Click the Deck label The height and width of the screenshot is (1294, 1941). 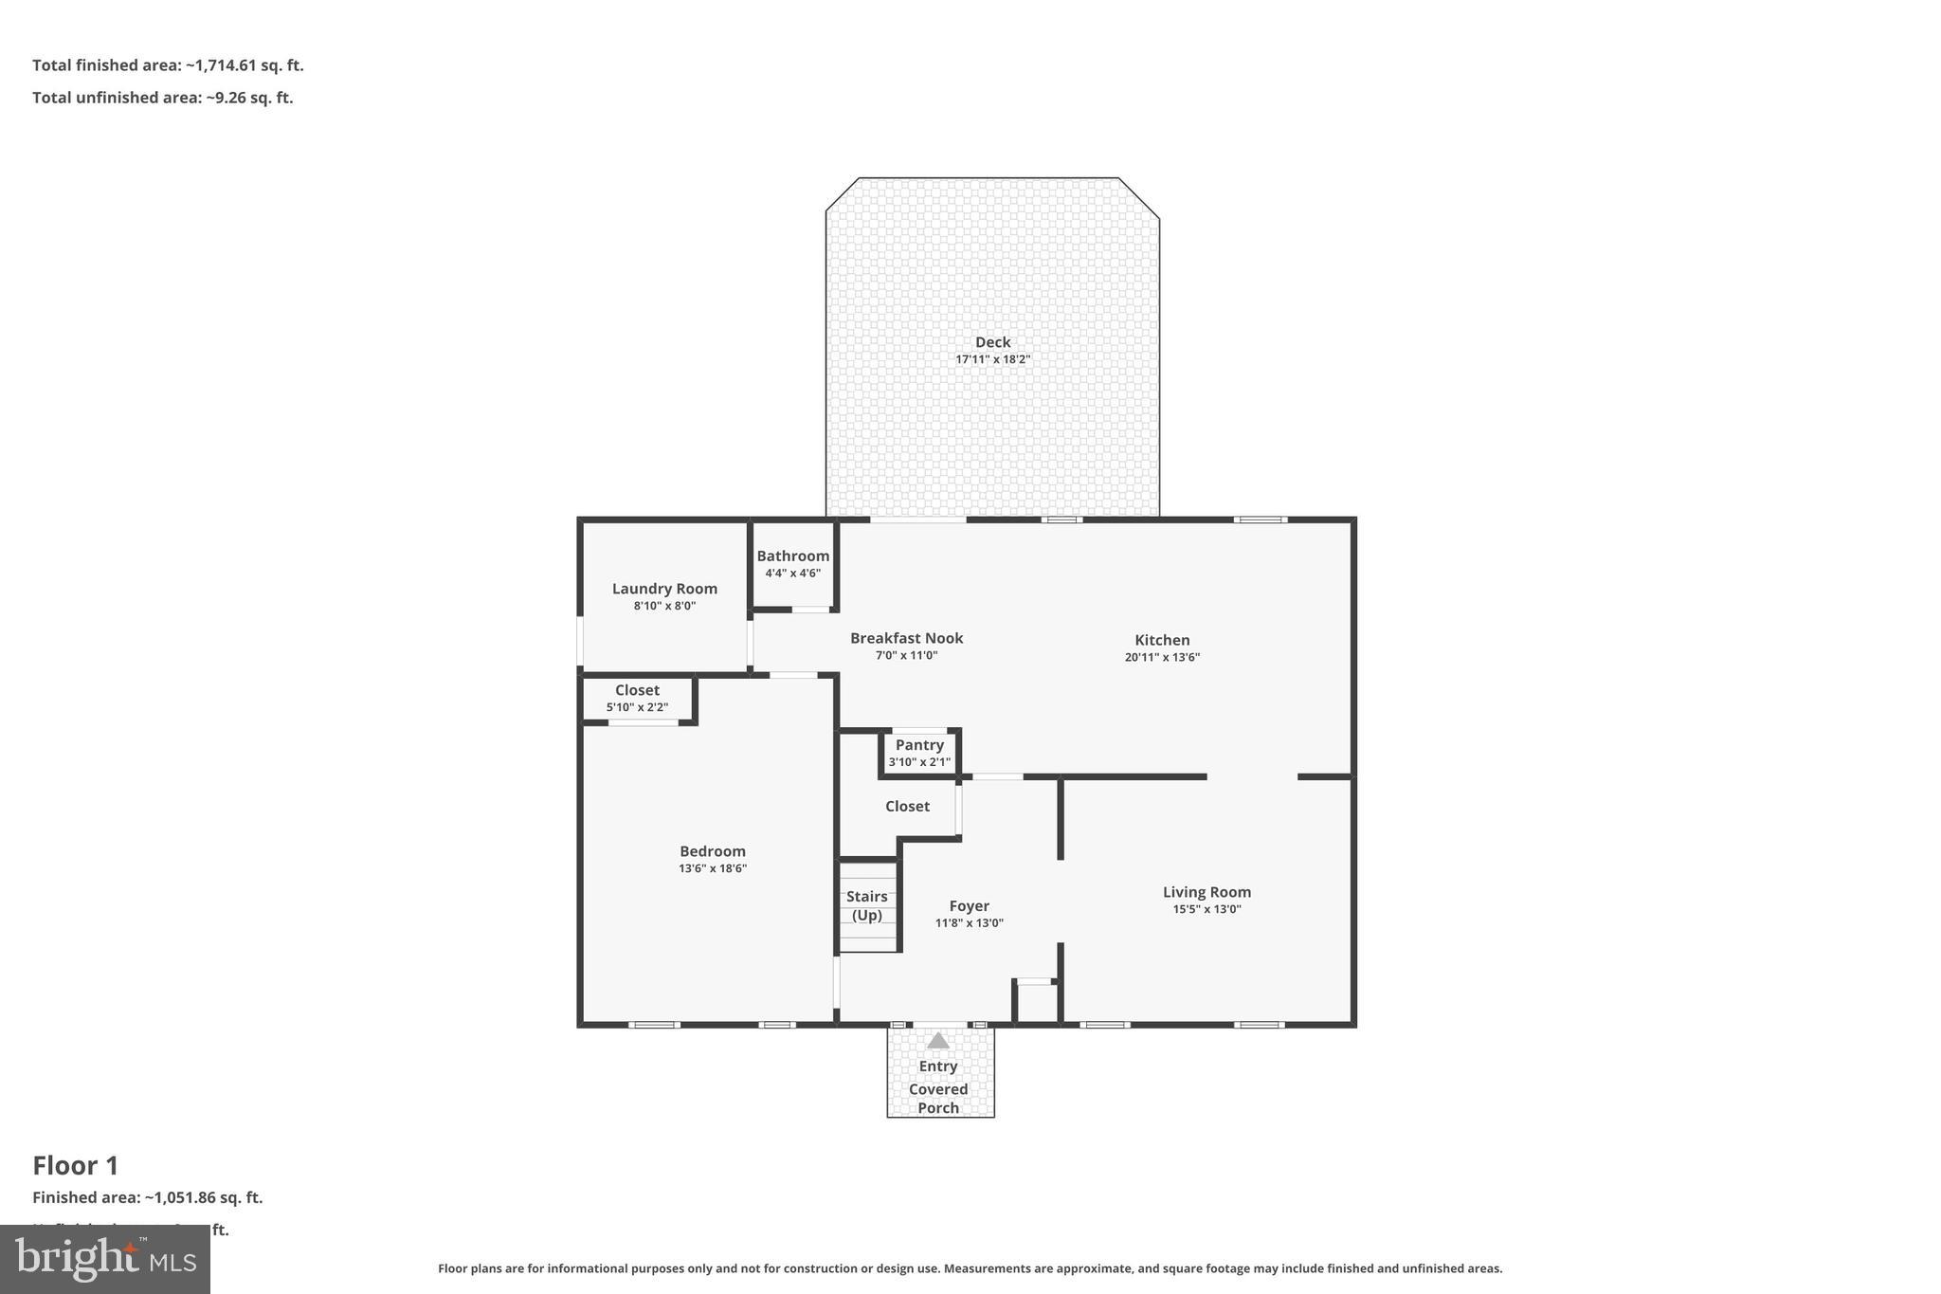(x=992, y=342)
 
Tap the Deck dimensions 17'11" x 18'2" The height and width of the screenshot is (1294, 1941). (x=992, y=359)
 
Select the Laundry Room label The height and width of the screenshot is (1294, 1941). (x=664, y=589)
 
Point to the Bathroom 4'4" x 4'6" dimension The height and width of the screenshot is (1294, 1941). (x=793, y=574)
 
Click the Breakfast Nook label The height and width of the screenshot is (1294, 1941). (x=906, y=638)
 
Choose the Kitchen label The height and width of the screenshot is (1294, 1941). (x=1162, y=640)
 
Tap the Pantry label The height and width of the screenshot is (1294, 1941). (x=919, y=745)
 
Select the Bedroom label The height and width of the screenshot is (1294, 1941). (x=712, y=851)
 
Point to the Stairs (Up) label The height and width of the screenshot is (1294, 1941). (x=867, y=905)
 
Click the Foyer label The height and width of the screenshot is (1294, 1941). (x=969, y=906)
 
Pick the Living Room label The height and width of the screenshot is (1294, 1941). (x=1206, y=892)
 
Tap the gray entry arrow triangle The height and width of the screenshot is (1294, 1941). (x=937, y=1041)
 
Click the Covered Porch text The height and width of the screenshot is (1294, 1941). (x=938, y=1099)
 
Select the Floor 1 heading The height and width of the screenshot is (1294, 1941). (x=76, y=1165)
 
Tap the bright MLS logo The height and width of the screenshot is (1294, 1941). (x=105, y=1259)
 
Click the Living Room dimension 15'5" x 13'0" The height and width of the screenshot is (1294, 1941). (x=1206, y=909)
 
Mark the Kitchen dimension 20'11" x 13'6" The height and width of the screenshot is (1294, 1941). (x=1162, y=657)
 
